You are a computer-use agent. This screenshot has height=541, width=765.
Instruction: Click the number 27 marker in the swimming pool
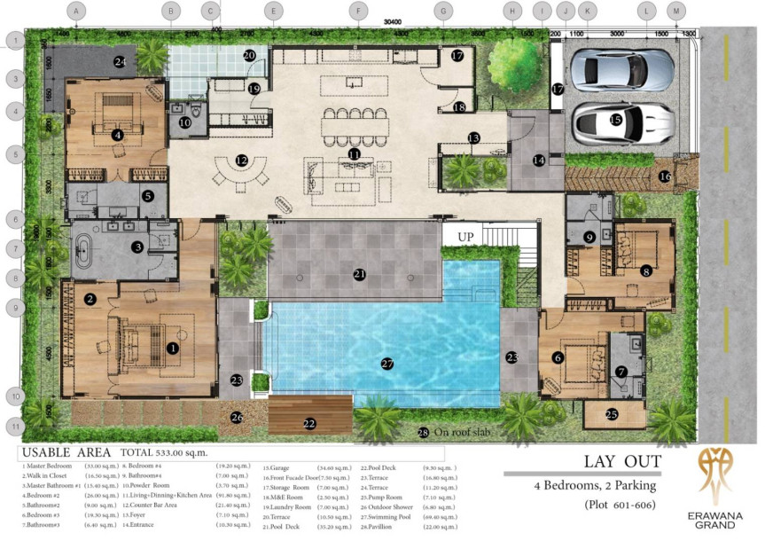(386, 364)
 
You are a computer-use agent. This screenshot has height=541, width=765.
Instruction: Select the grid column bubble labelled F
(357, 12)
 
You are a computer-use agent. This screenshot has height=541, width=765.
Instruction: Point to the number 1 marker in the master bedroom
(173, 349)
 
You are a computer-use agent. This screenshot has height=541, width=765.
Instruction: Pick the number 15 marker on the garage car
(616, 119)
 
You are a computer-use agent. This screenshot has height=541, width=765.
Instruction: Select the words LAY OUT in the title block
(622, 461)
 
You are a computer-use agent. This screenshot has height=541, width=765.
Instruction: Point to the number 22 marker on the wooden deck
(309, 424)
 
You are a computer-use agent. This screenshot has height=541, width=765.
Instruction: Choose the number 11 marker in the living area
(355, 153)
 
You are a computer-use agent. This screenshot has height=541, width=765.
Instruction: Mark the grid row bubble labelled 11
(15, 426)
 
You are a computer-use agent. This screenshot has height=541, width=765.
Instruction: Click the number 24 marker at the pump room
(120, 61)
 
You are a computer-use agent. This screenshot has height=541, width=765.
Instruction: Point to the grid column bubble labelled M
(676, 12)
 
